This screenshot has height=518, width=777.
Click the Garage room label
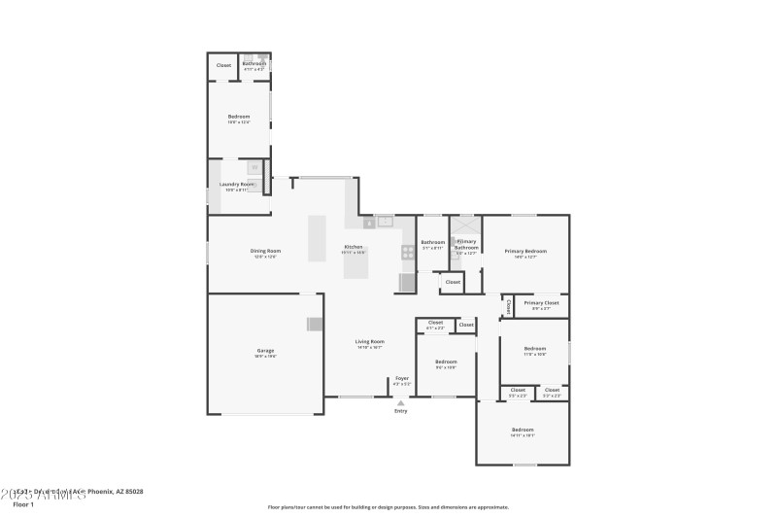265,351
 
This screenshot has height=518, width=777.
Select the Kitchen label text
354,247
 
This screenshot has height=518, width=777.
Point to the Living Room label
369,341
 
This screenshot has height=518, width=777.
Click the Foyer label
401,378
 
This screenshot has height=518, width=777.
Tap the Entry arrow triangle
400,402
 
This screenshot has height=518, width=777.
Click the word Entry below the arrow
400,411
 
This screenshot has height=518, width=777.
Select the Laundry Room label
237,184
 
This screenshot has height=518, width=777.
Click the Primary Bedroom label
525,251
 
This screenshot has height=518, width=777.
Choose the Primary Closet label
541,303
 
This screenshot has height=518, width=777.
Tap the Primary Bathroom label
466,245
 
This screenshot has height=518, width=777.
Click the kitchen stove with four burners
408,252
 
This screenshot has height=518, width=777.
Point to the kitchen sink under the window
385,222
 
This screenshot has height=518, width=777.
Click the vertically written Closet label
508,306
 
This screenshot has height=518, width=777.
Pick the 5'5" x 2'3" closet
518,391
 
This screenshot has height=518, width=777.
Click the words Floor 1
22,504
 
